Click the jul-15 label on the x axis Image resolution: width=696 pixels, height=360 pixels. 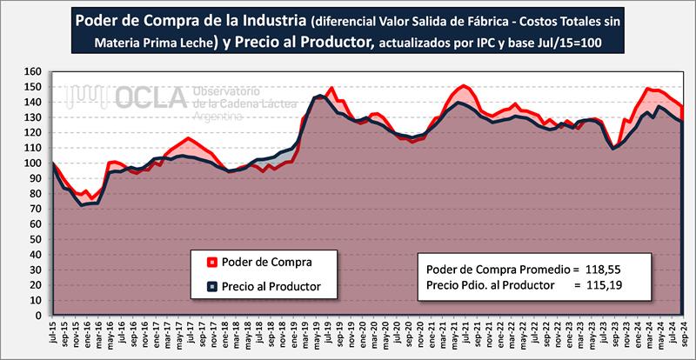click(x=54, y=335)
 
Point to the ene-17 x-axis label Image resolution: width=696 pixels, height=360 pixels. click(x=157, y=335)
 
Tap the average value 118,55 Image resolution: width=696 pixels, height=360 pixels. click(x=599, y=268)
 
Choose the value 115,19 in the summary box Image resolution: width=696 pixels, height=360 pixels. click(x=599, y=284)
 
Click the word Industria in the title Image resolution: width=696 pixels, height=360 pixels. click(x=267, y=18)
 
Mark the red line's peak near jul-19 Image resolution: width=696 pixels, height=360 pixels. click(x=332, y=87)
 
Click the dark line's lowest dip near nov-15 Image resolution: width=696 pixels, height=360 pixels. click(x=83, y=205)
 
